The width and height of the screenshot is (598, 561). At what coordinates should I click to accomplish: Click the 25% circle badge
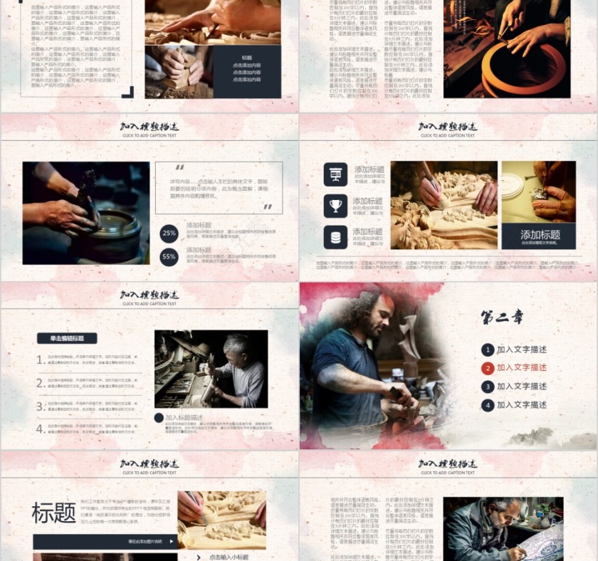pyautogui.click(x=169, y=233)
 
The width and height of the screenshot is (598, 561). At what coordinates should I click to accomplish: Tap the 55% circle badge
pyautogui.click(x=169, y=257)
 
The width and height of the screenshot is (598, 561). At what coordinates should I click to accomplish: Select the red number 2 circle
pyautogui.click(x=488, y=368)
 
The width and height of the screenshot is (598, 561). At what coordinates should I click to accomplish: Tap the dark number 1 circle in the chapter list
pyautogui.click(x=488, y=350)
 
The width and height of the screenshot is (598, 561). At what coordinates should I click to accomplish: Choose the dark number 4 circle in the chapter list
pyautogui.click(x=488, y=405)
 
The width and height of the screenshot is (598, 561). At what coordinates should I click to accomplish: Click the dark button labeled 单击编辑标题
pyautogui.click(x=67, y=339)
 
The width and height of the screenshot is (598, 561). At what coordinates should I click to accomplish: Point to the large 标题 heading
pyautogui.click(x=53, y=513)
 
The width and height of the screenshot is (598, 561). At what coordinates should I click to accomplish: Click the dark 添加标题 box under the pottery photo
pyautogui.click(x=538, y=236)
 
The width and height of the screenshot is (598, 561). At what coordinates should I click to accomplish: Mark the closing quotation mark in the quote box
pyautogui.click(x=268, y=207)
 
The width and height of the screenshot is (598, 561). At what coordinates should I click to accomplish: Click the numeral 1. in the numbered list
pyautogui.click(x=41, y=360)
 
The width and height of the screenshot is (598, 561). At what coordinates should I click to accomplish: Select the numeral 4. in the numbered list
pyautogui.click(x=41, y=429)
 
